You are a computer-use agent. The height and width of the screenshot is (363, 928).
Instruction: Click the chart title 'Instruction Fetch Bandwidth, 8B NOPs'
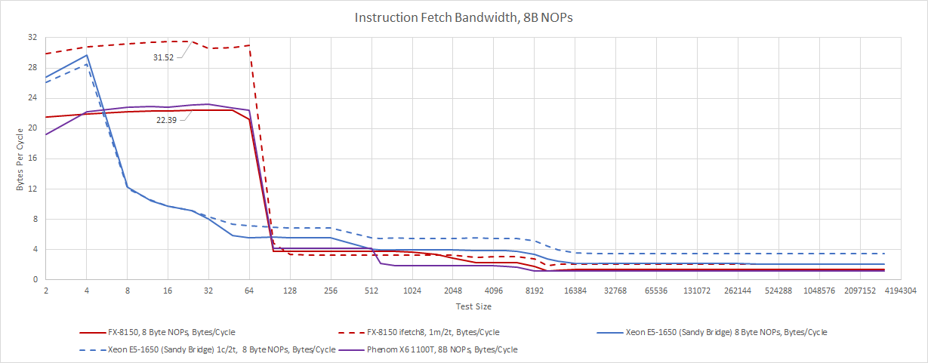464,17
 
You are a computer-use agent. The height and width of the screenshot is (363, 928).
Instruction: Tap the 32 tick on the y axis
32,37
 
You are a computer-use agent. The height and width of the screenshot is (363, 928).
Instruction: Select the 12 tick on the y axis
32,189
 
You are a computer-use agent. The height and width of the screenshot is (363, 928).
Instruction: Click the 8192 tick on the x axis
535,291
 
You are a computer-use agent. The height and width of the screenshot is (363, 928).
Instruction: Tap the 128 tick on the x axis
290,291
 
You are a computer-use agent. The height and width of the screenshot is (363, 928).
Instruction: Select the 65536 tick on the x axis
657,291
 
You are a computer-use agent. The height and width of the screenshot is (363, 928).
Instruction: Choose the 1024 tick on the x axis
412,291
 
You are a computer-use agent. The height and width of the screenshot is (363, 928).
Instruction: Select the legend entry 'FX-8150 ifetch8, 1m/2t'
433,332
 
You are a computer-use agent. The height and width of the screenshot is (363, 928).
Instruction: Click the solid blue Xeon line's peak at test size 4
87,55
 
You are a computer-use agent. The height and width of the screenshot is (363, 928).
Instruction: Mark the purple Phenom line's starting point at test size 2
46,134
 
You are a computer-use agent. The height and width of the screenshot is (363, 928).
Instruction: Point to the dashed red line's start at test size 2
46,54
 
